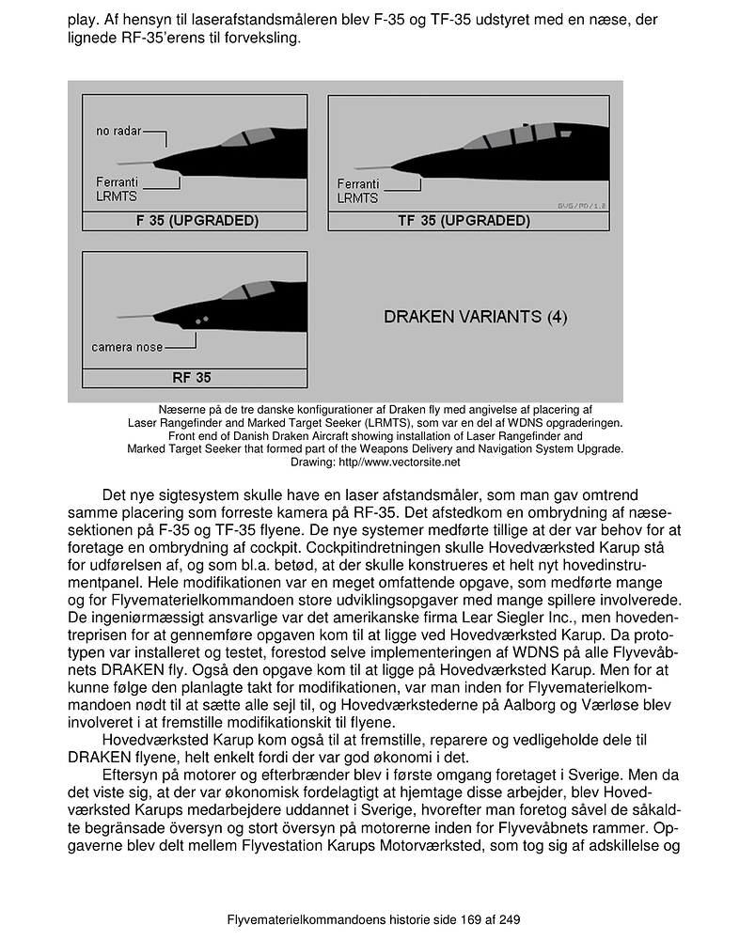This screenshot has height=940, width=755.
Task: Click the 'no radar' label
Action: tap(118, 131)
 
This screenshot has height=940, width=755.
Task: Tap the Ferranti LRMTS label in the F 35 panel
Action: tap(118, 188)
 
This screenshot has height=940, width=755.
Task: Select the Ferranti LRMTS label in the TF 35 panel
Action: tap(357, 191)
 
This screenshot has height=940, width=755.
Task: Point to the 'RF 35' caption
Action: tap(192, 378)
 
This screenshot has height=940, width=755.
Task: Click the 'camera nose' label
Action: tap(126, 347)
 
